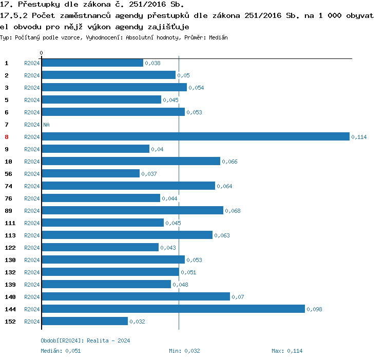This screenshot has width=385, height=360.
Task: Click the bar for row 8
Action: point(195,136)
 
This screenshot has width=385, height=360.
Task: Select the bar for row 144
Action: point(173,309)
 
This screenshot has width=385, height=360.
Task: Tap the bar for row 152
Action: point(85,321)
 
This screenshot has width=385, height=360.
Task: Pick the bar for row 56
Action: point(90,173)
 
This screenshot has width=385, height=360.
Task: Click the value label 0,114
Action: point(359,137)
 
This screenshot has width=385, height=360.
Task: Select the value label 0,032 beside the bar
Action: point(137,322)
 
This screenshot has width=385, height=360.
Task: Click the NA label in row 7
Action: point(46,125)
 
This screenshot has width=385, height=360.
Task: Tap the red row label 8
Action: point(7,137)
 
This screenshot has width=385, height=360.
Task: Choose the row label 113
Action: point(10,235)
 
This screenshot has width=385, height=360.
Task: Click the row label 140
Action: point(10,297)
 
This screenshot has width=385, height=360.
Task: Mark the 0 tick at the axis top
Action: point(41,53)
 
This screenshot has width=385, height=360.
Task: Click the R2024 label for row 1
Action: point(32,63)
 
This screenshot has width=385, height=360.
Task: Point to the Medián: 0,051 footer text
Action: point(61,351)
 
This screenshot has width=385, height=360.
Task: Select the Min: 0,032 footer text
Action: point(184,351)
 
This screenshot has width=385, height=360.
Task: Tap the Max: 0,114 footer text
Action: point(287,351)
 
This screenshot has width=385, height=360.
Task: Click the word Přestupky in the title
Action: point(39,5)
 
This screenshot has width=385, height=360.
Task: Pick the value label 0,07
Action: point(237,297)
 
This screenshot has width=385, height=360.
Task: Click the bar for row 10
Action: point(131,161)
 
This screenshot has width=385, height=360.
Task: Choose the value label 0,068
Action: point(233,211)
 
